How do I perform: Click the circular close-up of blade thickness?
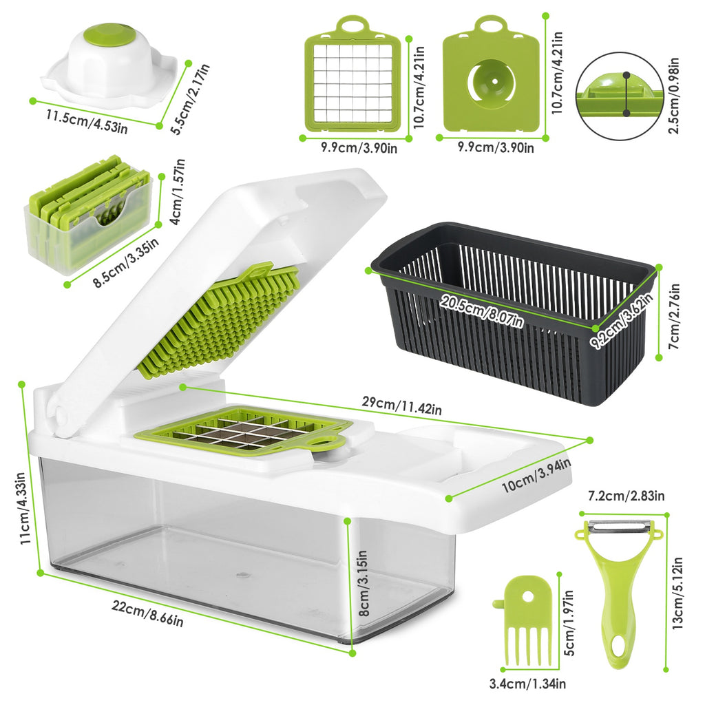tap(620, 96)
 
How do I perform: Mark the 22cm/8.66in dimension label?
tap(148, 613)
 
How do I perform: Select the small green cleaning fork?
tap(523, 620)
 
